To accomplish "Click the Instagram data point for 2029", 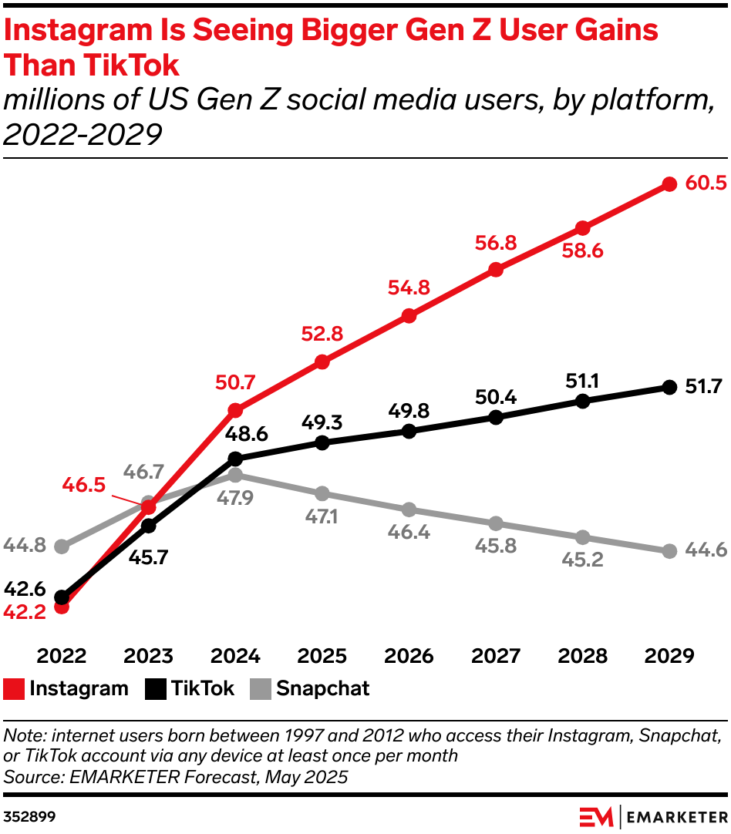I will coord(669,184).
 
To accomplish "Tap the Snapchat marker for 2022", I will coord(62,546).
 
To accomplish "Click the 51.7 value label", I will coord(702,387).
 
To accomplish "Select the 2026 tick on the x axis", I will coord(409,656).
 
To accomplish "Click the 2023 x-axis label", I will coord(149,656).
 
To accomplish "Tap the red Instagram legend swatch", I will coord(14,689).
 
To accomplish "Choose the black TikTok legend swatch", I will coord(156,689).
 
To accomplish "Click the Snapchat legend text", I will coord(323,689).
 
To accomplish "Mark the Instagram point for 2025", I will coord(322,362).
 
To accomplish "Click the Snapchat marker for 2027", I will coord(496,523).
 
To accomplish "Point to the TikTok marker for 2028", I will coord(583,401).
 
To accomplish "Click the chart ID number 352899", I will coord(29,816).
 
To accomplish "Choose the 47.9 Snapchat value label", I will coord(236,497).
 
